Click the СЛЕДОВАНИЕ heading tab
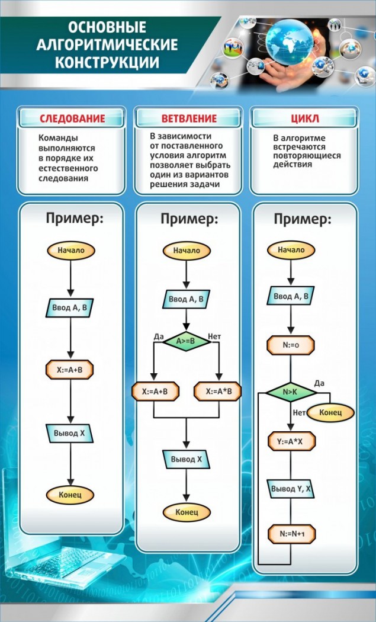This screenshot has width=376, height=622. (x=72, y=118)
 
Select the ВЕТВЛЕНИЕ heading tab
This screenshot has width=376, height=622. (x=188, y=118)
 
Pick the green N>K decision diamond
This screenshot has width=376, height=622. (x=290, y=391)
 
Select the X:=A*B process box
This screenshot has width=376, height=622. (x=218, y=391)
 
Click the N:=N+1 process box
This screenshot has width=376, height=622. (x=291, y=533)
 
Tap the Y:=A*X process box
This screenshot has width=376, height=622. (x=290, y=443)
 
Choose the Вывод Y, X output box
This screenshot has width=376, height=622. (x=290, y=488)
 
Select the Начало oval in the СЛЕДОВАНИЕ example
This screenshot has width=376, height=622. (x=71, y=250)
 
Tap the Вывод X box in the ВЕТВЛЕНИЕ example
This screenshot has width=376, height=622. (x=187, y=459)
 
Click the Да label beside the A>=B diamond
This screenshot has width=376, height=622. (x=158, y=336)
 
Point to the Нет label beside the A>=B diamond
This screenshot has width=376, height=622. (x=215, y=336)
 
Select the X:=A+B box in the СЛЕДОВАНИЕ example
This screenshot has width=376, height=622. (x=71, y=370)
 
